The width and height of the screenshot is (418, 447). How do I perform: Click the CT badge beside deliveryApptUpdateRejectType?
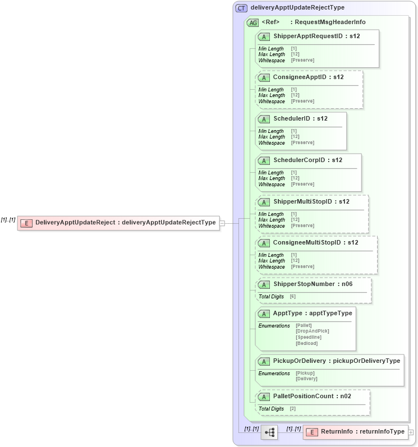point(241,8)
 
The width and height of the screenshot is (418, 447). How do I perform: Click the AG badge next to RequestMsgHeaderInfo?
point(252,22)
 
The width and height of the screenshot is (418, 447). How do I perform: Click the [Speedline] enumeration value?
point(308,337)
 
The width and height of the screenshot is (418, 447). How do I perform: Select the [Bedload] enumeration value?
point(306,343)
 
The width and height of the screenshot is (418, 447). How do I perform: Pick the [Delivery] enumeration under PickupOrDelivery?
point(306,379)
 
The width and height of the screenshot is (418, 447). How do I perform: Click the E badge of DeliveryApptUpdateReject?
point(26,223)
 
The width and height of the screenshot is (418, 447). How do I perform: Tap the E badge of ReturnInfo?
point(311,432)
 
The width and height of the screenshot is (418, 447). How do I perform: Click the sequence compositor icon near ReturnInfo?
point(269,432)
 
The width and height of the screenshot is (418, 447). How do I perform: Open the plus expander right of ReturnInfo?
point(411,432)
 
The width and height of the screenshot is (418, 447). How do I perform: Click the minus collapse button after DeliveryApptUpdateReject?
point(223,223)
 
